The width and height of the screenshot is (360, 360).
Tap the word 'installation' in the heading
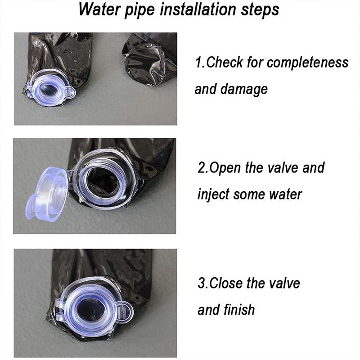pyautogui.click(x=198, y=9)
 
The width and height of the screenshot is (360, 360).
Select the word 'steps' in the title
pyautogui.click(x=260, y=11)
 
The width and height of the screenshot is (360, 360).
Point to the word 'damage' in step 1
pyautogui.click(x=244, y=90)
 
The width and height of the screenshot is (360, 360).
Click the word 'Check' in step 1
pyautogui.click(x=224, y=62)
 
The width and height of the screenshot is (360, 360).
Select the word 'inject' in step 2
pyautogui.click(x=213, y=195)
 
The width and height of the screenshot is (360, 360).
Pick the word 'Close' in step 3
pyautogui.click(x=226, y=283)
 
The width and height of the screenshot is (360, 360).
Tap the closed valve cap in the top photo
pyautogui.click(x=50, y=88)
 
